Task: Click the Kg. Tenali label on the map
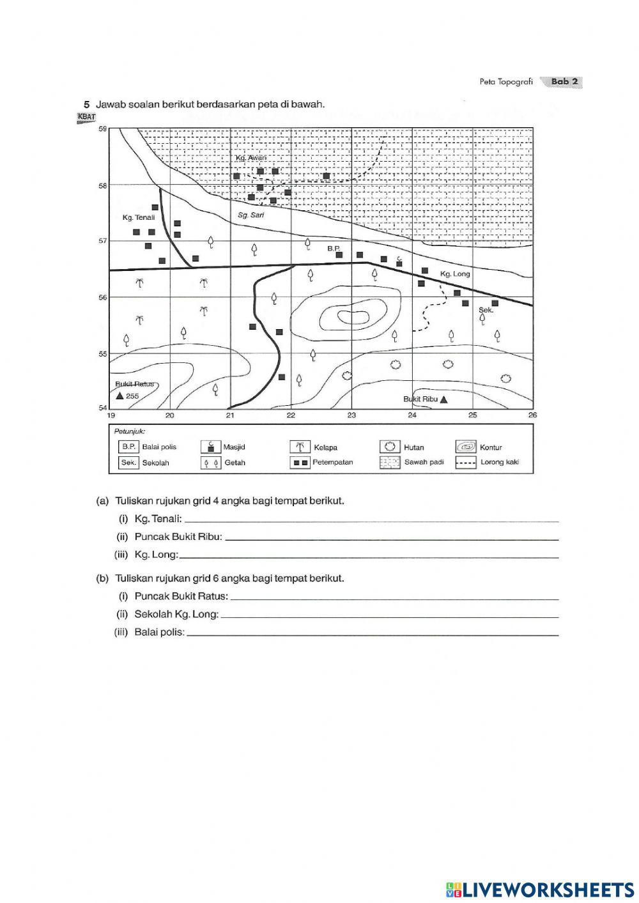coord(139,217)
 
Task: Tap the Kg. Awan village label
coord(250,158)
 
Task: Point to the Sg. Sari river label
coord(250,215)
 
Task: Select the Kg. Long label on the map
coord(455,274)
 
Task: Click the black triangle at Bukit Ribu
coord(444,399)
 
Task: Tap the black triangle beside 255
coord(119,396)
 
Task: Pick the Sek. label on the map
coord(486,309)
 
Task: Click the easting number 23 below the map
coord(351,415)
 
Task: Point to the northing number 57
coord(102,241)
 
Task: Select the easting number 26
coord(533,415)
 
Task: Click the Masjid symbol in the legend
coord(210,447)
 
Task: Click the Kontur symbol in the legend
coord(466,447)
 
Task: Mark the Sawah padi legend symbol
coord(390,462)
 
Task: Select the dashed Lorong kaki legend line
coord(466,462)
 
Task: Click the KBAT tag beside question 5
coord(86,117)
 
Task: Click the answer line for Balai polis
coord(372,634)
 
